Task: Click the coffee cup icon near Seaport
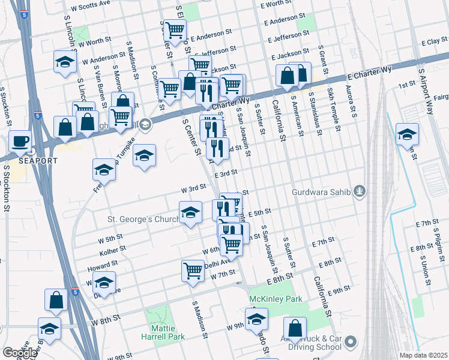20,141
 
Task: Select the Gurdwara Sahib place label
321,192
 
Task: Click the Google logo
20,353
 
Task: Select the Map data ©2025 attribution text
424,355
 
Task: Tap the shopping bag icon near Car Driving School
295,328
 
